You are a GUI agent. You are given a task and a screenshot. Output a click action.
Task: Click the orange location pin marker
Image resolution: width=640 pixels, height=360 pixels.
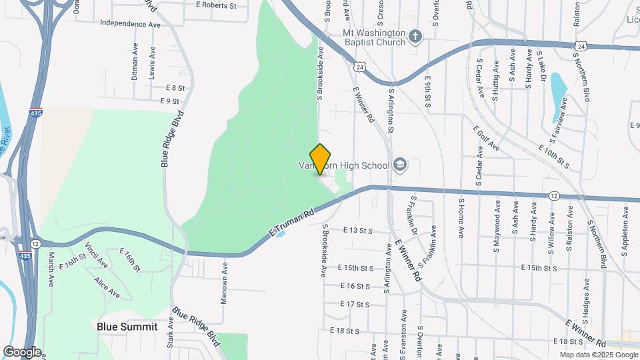(321, 159)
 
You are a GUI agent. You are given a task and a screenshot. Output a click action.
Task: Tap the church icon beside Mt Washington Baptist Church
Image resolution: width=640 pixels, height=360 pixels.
(415, 36)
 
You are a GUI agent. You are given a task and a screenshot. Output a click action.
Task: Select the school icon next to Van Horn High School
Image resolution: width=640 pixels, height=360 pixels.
(400, 164)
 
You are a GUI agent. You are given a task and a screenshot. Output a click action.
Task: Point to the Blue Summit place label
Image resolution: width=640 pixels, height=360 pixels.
(127, 327)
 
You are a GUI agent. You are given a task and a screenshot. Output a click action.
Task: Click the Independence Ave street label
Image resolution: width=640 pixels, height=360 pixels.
(131, 23)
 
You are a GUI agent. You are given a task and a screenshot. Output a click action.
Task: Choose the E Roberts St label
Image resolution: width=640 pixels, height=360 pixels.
(216, 5)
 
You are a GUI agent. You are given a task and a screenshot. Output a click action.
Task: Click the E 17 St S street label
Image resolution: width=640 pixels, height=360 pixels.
(354, 304)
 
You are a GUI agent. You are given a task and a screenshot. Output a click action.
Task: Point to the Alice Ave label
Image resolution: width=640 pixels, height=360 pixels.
(107, 288)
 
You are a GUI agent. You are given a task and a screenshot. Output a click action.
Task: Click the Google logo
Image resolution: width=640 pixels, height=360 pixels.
(21, 352)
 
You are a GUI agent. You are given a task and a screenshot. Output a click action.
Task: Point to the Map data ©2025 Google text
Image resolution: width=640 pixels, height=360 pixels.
(598, 355)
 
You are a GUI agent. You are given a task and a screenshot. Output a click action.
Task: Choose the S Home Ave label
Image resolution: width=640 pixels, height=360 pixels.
(461, 218)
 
